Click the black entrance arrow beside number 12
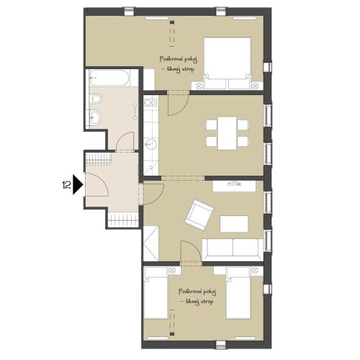pos(78,185)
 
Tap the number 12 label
pos(66,185)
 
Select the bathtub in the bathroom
pos(109,78)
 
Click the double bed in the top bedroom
pos(227,63)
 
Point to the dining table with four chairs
pos(227,133)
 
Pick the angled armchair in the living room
pos(199,215)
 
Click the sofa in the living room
pos(233,249)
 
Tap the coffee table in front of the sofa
pos(234,224)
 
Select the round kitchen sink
pos(151,144)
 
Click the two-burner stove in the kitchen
pos(150,103)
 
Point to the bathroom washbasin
pos(95,117)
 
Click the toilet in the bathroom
pos(96,99)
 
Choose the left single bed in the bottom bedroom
pos(156,293)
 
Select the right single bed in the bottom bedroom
pos(238,293)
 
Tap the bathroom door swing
pos(125,142)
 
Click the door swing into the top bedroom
pos(178,104)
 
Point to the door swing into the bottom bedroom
pos(191,252)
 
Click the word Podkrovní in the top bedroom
pos(170,58)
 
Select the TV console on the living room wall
pos(234,186)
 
